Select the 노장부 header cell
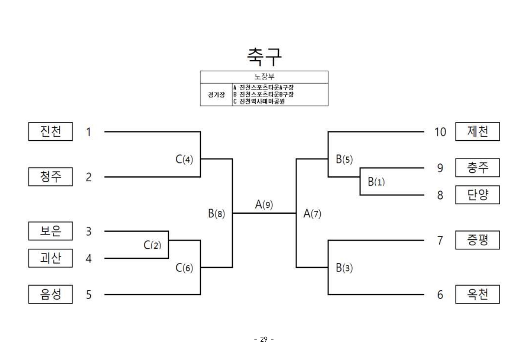coord(264,77)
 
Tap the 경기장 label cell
coord(217,94)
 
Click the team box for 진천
coord(50,131)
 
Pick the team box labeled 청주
coord(50,177)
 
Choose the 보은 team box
coord(50,231)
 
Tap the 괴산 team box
coord(50,258)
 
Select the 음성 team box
coord(50,294)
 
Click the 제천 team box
coord(478,131)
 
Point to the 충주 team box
coord(478,168)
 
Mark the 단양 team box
coord(478,195)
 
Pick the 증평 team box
coord(478,240)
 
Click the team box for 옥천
coord(478,294)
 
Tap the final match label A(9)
coord(264,205)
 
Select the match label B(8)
coord(216,214)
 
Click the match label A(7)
coord(312,214)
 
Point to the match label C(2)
coord(152,245)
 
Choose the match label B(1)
coord(376,182)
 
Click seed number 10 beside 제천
coord(440,132)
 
